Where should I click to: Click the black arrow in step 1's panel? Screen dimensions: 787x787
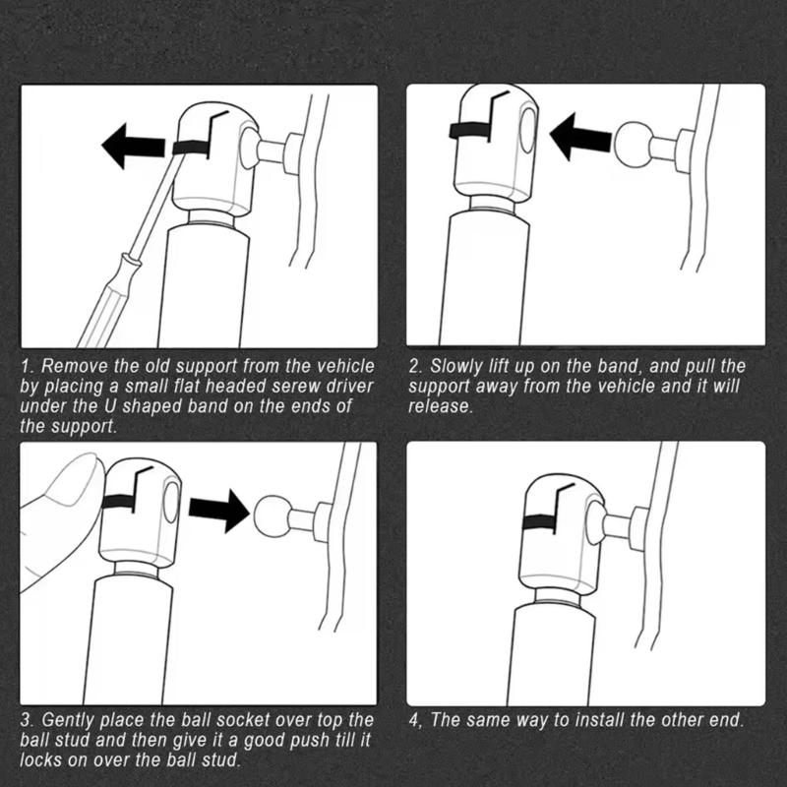click(133, 146)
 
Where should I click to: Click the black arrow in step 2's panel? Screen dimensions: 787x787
click(580, 137)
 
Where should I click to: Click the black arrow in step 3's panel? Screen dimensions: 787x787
click(219, 511)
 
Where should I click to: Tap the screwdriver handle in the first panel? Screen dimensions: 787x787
click(108, 301)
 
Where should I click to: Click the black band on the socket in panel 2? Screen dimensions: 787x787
click(470, 130)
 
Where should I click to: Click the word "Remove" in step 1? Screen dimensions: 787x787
click(75, 366)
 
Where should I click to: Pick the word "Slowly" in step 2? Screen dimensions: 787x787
click(455, 367)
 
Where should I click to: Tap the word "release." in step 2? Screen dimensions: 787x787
click(441, 406)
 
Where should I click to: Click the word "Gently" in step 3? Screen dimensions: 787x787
click(68, 721)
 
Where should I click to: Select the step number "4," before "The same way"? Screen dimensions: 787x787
click(415, 721)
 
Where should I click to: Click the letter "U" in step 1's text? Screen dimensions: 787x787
click(110, 406)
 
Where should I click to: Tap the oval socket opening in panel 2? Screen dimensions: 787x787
click(528, 130)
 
